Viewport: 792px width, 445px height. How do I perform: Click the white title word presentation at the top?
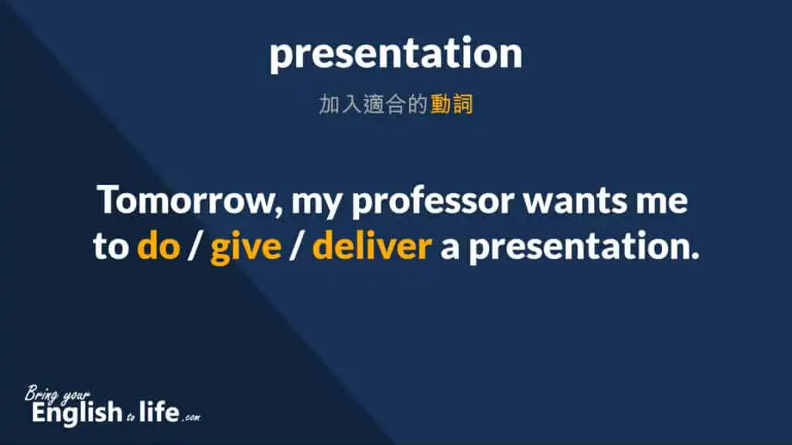pyautogui.click(x=395, y=54)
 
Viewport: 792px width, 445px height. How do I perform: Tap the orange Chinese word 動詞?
pyautogui.click(x=451, y=104)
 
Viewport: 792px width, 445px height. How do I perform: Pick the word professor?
pyautogui.click(x=433, y=204)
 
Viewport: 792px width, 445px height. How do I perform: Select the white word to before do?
pyautogui.click(x=110, y=247)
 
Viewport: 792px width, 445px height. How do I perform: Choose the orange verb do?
pyautogui.click(x=159, y=247)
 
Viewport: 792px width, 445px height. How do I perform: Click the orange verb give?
pyautogui.click(x=246, y=248)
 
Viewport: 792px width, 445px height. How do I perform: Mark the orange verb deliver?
pyautogui.click(x=371, y=247)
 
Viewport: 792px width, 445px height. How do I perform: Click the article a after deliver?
pyautogui.click(x=449, y=248)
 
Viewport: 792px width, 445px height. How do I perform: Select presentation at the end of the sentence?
pyautogui.click(x=585, y=248)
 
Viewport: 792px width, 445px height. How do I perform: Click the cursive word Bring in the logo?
pyautogui.click(x=47, y=392)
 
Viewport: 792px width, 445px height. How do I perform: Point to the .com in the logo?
pyautogui.click(x=190, y=418)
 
